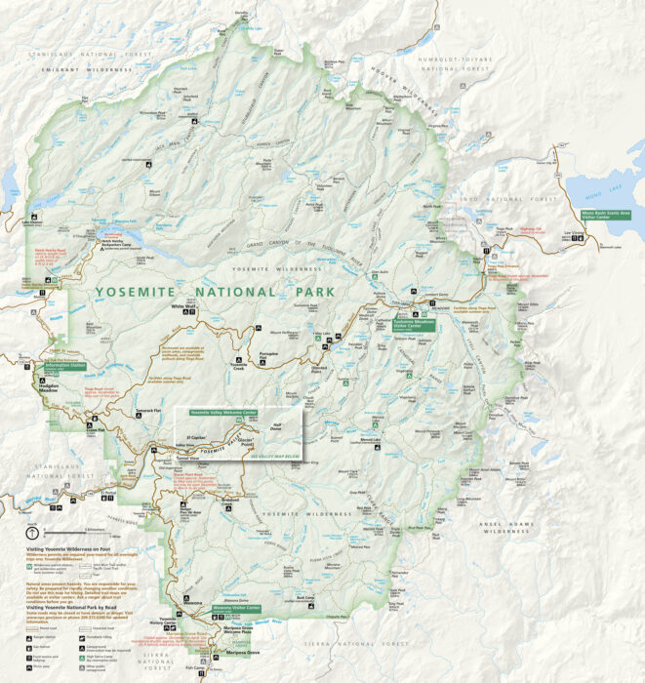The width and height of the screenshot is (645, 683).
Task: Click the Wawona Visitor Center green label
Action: [x=237, y=607]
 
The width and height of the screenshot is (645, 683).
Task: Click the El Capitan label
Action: [x=196, y=426]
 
